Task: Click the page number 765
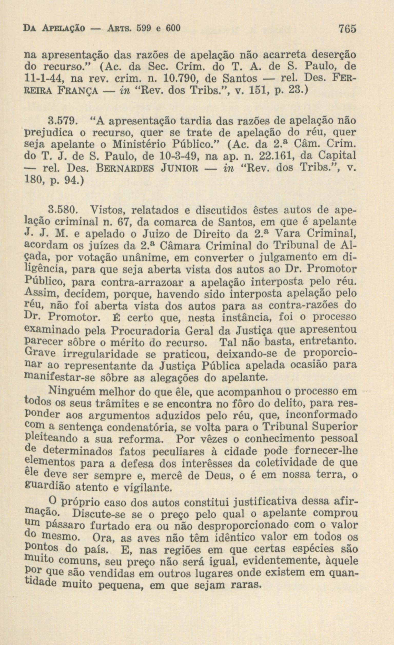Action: tap(347, 29)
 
